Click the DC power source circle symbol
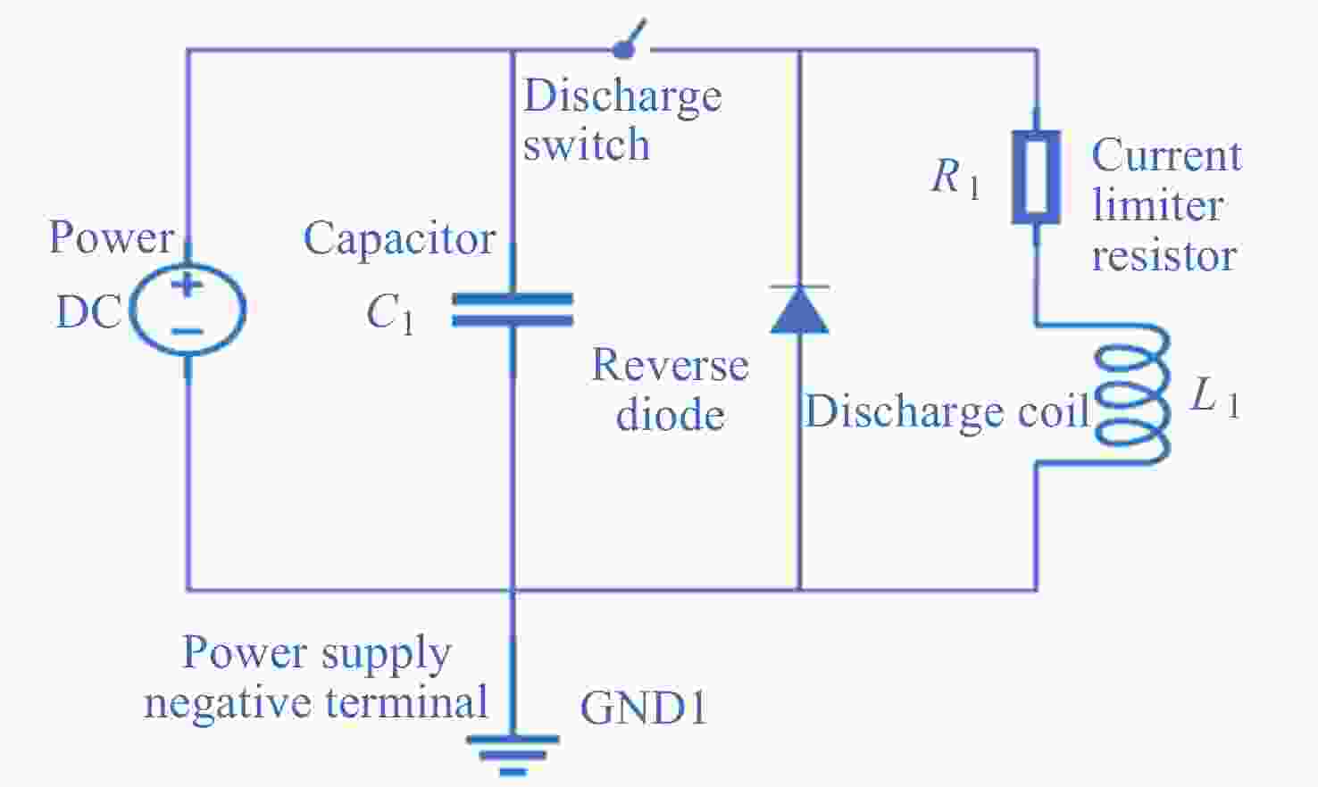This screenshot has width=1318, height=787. (188, 309)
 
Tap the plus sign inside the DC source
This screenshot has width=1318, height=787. (188, 286)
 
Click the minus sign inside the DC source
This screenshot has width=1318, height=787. (188, 331)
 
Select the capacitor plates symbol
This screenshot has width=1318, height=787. (512, 310)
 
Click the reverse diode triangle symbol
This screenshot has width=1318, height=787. (799, 310)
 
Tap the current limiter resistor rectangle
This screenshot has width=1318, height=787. (1036, 177)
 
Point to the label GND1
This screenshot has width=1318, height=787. (643, 708)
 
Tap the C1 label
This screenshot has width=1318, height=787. (389, 313)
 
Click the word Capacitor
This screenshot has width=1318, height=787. (399, 239)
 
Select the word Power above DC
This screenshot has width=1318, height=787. (111, 237)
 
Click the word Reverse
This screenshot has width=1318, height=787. (670, 365)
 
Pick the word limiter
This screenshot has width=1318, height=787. (1157, 205)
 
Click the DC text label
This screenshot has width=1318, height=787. (88, 312)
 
